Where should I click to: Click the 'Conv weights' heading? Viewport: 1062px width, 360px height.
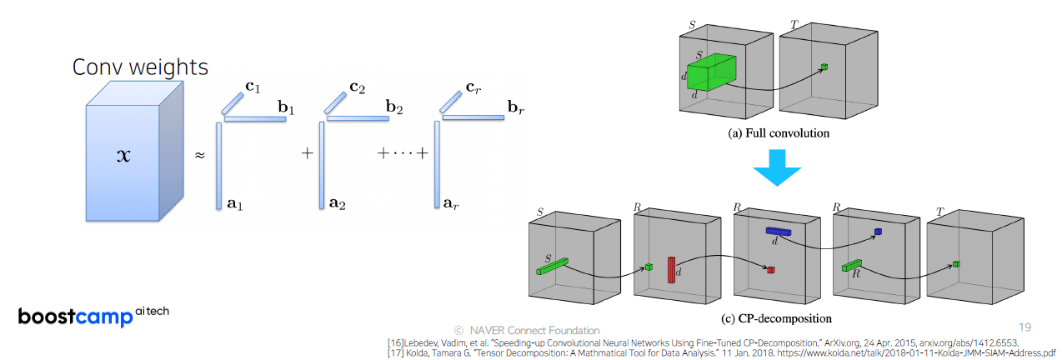[140, 67]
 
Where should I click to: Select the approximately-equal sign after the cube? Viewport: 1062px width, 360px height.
[199, 155]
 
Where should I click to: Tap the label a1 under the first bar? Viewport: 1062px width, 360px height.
[235, 202]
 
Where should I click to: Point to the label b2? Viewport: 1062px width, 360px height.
[395, 107]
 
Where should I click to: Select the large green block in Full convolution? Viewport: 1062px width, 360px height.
[713, 72]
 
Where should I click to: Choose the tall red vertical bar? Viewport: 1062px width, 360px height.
[670, 270]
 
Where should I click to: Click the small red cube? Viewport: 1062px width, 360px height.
[771, 270]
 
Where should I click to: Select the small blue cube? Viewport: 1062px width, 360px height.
[878, 231]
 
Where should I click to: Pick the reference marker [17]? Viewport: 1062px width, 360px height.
[396, 352]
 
